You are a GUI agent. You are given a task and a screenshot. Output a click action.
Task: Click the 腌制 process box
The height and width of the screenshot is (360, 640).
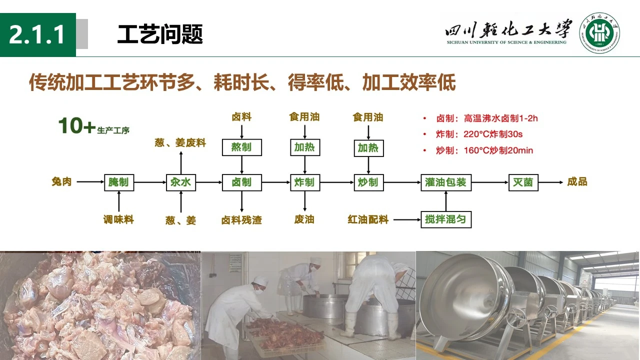click(x=119, y=182)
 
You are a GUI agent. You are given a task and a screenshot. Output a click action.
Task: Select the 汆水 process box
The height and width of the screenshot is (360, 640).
click(x=180, y=182)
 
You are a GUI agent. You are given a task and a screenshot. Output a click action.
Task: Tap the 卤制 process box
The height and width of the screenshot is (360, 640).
click(x=241, y=182)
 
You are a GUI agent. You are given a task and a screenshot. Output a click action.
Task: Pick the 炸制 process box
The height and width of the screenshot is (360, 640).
click(x=304, y=182)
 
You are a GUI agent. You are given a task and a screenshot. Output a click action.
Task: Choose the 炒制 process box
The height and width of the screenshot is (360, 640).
click(x=368, y=182)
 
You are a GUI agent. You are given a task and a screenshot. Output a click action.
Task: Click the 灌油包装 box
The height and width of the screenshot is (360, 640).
click(x=446, y=182)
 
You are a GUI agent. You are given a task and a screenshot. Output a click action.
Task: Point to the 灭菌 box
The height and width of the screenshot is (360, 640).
click(x=523, y=182)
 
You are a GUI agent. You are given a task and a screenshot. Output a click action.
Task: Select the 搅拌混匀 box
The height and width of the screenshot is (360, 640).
click(x=446, y=219)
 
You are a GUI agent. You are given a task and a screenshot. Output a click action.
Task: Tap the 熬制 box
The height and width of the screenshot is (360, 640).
click(x=241, y=147)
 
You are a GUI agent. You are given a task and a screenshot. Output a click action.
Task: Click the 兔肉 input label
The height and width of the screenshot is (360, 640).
click(x=61, y=181)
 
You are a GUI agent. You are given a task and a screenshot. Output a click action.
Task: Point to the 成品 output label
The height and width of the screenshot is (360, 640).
click(x=577, y=181)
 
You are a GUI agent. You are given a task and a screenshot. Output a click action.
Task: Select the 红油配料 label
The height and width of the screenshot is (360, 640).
click(x=368, y=219)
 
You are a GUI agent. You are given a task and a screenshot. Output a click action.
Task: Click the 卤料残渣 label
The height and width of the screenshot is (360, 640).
click(x=241, y=220)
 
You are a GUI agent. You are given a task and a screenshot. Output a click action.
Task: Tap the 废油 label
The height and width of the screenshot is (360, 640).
click(x=304, y=219)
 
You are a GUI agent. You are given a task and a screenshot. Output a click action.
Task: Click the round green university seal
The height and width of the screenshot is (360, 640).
click(x=599, y=33)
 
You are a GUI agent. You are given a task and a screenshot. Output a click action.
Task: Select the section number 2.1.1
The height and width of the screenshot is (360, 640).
click(x=37, y=35)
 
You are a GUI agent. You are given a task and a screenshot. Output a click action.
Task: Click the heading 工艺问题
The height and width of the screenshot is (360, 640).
click(x=160, y=35)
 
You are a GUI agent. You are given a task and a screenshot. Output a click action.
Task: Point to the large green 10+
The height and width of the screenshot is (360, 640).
click(x=76, y=126)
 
